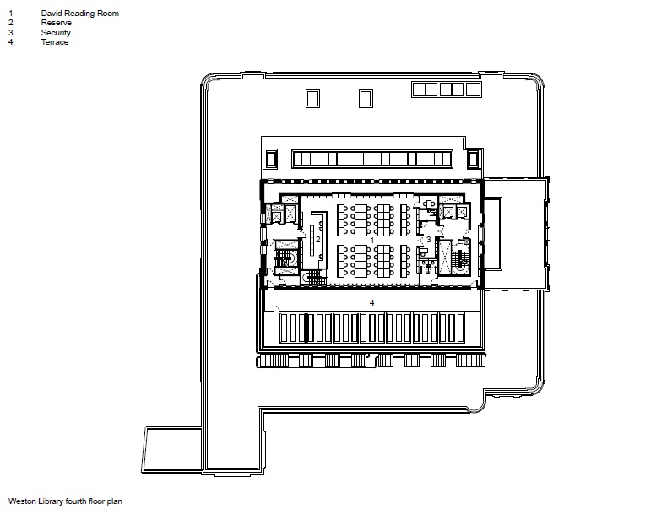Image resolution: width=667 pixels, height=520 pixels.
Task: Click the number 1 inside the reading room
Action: tap(372, 241)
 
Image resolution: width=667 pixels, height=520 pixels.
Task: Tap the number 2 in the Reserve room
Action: tap(317, 240)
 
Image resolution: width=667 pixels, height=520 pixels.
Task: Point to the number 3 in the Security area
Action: tap(428, 240)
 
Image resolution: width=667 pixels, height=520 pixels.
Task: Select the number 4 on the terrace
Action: tap(371, 303)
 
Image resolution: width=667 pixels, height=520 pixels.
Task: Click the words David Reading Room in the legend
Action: tap(80, 14)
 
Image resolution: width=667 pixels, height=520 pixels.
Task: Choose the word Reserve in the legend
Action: tap(57, 23)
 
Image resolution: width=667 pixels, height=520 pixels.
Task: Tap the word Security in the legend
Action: tap(56, 33)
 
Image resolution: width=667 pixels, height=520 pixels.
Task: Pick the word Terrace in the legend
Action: tap(54, 42)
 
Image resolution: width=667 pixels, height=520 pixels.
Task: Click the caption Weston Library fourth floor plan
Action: tap(65, 501)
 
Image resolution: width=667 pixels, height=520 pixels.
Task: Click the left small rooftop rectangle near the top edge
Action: tap(312, 99)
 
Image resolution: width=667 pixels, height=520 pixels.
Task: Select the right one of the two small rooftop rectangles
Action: tap(366, 99)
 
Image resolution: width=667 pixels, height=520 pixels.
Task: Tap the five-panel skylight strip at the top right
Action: tap(447, 89)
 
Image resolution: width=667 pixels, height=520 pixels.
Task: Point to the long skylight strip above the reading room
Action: tap(372, 159)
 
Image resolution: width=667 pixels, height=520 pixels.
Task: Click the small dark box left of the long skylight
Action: tap(271, 159)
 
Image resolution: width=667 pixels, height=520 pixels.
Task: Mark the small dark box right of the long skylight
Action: tap(473, 159)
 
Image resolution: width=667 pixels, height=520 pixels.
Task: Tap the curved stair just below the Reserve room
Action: tap(314, 278)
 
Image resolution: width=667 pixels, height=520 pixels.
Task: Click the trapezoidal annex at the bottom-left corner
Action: tap(172, 450)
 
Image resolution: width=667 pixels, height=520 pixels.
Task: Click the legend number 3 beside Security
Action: tap(11, 33)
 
